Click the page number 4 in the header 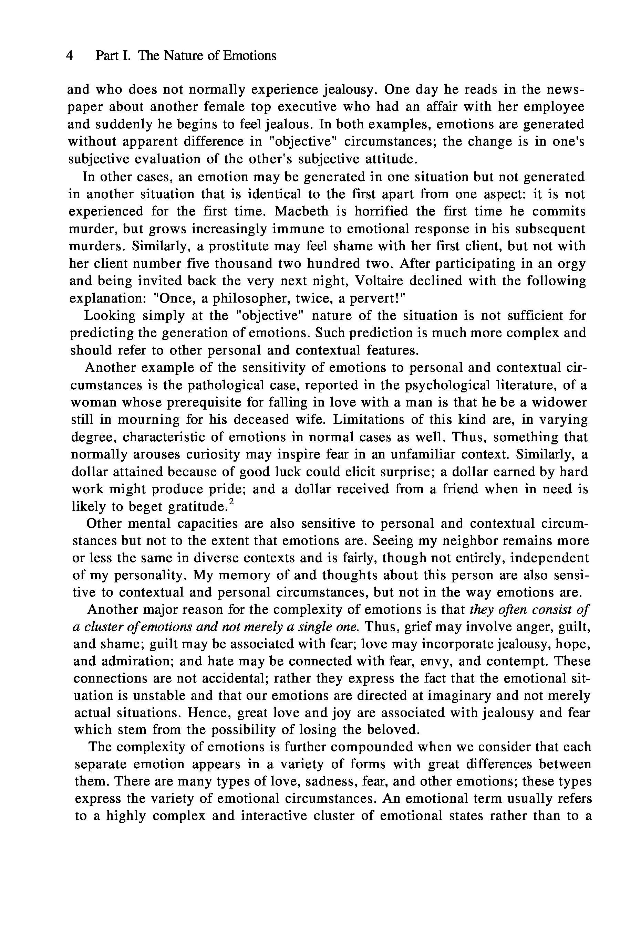tap(70, 56)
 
